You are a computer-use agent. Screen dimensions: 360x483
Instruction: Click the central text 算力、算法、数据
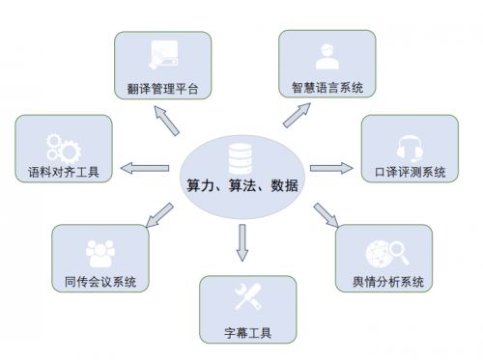pyautogui.click(x=241, y=185)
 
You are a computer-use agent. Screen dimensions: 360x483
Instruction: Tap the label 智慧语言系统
pyautogui.click(x=327, y=88)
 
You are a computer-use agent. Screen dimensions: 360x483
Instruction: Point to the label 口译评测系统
pyautogui.click(x=410, y=173)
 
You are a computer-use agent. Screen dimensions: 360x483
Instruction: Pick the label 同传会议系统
pyautogui.click(x=94, y=282)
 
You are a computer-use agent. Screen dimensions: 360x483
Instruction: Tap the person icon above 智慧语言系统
pyautogui.click(x=326, y=56)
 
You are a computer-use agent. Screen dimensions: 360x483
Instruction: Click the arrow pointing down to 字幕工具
pyautogui.click(x=241, y=242)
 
